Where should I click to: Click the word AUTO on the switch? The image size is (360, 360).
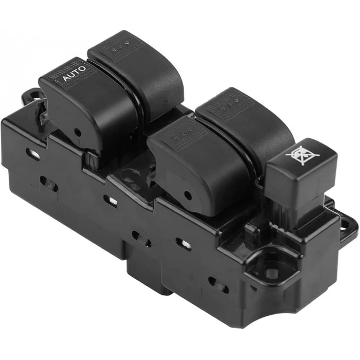[x=75, y=73]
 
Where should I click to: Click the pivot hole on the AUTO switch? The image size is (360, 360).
[x=78, y=133]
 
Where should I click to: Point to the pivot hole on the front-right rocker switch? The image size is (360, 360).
[x=188, y=195]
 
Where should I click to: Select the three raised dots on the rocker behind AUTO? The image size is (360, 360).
[x=120, y=45]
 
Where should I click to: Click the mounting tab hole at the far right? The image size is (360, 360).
[x=349, y=224]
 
